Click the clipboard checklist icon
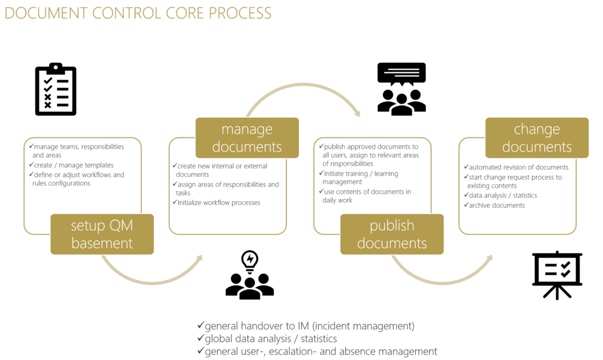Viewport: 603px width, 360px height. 56,90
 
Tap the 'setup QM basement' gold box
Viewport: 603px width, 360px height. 102,234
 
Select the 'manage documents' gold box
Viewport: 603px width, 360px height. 247,138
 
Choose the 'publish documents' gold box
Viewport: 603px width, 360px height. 392,234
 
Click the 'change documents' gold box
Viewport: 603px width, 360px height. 536,138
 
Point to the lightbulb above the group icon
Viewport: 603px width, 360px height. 250,261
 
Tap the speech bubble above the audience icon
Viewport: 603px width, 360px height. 401,74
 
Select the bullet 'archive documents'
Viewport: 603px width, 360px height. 497,205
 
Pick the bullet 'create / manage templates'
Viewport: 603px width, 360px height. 73,165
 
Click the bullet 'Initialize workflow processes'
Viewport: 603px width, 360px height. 218,202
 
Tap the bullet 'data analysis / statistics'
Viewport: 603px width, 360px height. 503,196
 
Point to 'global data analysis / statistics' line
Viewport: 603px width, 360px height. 270,338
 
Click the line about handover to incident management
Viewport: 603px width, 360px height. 309,326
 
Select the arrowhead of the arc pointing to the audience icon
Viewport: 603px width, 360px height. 357,112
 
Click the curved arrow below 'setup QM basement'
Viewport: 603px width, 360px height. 152,280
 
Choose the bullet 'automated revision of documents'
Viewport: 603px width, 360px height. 518,167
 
